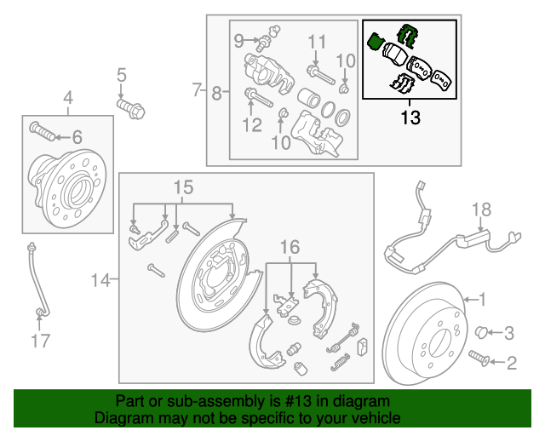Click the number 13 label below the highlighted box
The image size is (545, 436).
tap(410, 118)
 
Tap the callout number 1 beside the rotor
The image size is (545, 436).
tap(482, 300)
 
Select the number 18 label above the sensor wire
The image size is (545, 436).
tap(481, 209)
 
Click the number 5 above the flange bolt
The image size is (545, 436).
tap(121, 75)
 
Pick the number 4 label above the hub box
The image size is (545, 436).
tap(66, 97)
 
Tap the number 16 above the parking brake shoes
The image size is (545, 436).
tap(290, 247)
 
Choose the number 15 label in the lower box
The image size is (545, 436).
tap(184, 186)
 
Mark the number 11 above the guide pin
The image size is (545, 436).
tap(317, 41)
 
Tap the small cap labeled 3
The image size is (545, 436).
tap(480, 331)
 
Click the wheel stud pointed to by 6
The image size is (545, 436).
tap(41, 131)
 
